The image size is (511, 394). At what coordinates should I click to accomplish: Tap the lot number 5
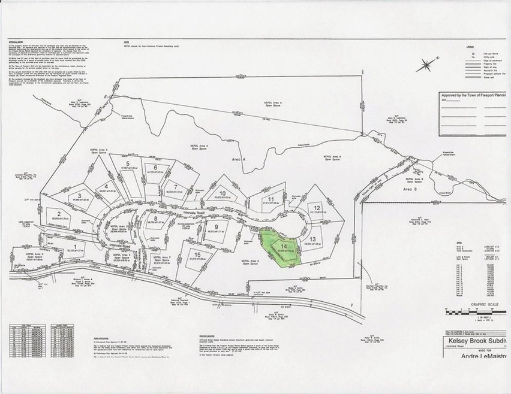click(x=128, y=163)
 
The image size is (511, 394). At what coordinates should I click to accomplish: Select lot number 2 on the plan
click(x=59, y=213)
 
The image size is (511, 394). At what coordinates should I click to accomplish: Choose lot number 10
click(x=222, y=193)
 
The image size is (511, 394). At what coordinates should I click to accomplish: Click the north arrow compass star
click(x=426, y=65)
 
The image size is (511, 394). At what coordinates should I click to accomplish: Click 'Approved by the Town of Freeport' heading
click(x=473, y=95)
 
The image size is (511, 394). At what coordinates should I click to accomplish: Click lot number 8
click(x=155, y=219)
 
